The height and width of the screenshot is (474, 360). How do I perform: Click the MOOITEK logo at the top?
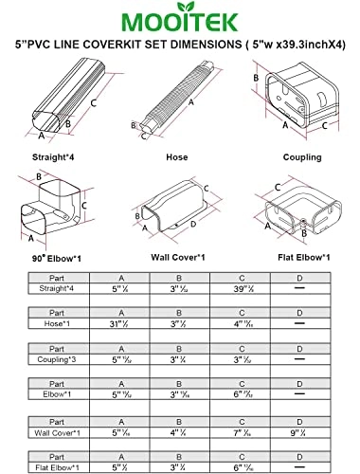pyautogui.click(x=179, y=19)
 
